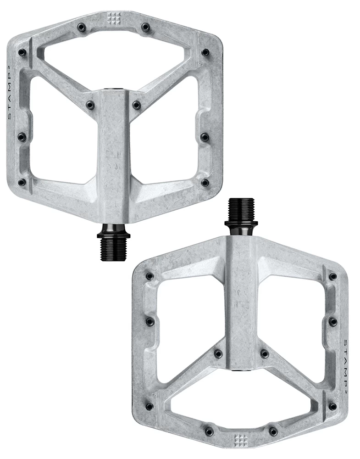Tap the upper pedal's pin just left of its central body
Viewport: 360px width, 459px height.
tap(90, 105)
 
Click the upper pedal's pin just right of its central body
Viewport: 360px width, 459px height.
tap(136, 105)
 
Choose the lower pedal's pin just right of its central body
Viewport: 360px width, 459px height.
tap(264, 354)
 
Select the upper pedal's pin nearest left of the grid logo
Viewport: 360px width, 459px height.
tap(81, 28)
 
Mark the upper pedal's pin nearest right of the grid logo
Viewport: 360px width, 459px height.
tap(145, 28)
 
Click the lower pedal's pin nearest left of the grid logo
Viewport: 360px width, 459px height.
tap(209, 431)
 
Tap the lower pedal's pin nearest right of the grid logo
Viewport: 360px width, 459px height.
tap(273, 431)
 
